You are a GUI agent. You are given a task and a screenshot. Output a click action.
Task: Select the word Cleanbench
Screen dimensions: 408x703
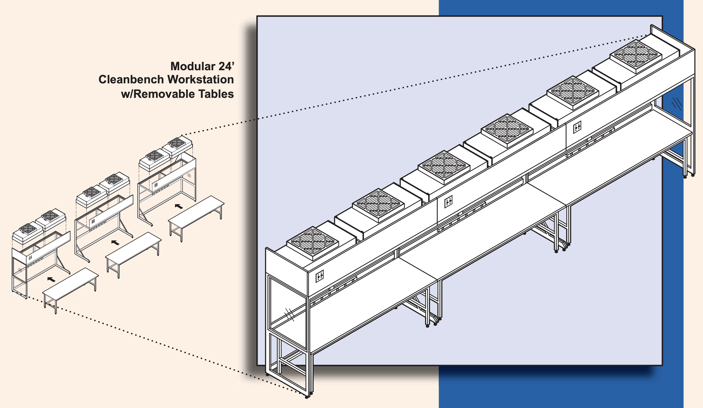131,80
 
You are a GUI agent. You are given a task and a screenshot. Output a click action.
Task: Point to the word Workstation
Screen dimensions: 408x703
201,80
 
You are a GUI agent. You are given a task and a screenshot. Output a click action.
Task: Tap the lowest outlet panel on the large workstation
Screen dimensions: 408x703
319,276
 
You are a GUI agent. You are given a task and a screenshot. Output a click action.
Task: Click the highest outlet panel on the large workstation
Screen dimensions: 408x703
577,127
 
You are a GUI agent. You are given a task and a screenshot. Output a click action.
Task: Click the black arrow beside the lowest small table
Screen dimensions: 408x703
51,279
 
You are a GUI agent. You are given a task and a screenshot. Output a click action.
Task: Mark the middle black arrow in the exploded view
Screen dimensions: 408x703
115,242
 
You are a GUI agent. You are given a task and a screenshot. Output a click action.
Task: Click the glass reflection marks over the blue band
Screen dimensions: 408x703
676,104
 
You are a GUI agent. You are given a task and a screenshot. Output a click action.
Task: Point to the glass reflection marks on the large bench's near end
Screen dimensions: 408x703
289,315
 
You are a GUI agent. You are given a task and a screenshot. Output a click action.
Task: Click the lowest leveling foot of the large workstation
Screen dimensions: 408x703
307,397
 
